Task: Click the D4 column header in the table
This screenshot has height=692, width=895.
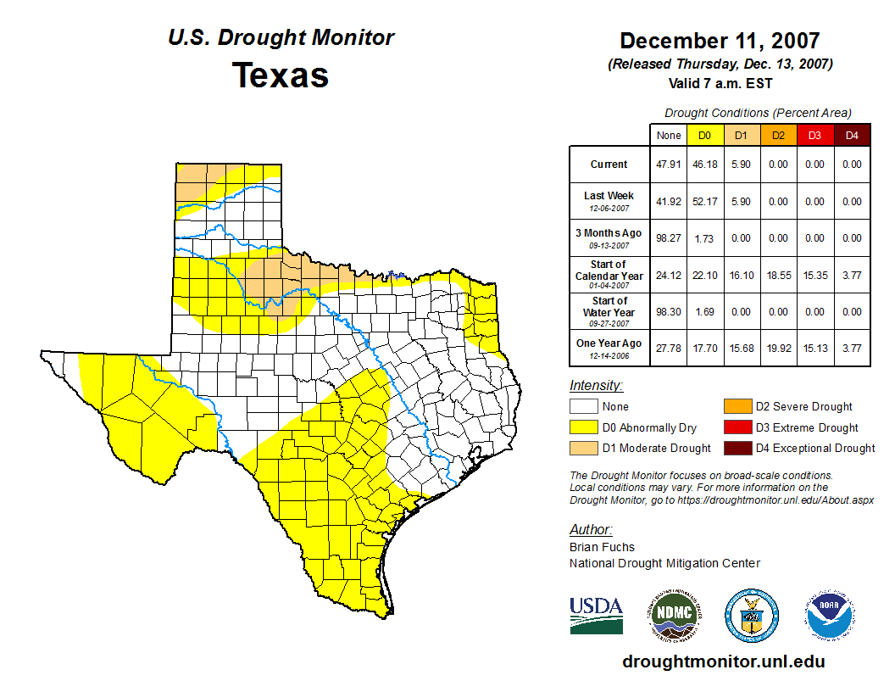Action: pyautogui.click(x=852, y=135)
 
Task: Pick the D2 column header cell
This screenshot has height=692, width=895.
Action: pyautogui.click(x=777, y=135)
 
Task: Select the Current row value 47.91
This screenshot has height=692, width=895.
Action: pyautogui.click(x=669, y=165)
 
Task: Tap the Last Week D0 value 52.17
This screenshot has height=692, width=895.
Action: pyautogui.click(x=703, y=202)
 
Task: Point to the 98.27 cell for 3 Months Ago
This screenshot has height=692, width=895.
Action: pyautogui.click(x=669, y=238)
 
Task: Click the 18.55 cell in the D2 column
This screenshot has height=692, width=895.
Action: pyautogui.click(x=777, y=276)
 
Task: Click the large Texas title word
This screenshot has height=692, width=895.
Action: pyautogui.click(x=281, y=75)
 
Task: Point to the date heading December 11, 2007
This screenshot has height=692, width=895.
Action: pyautogui.click(x=720, y=41)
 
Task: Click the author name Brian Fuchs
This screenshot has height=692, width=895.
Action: pyautogui.click(x=602, y=547)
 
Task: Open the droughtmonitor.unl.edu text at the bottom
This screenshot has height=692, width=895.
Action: pyautogui.click(x=723, y=661)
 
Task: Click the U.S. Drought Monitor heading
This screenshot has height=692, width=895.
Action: pyautogui.click(x=281, y=38)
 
